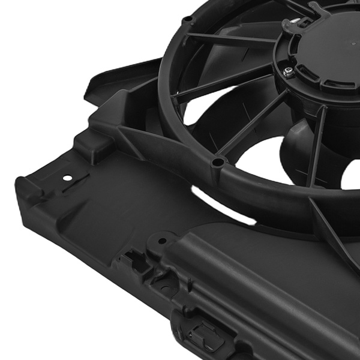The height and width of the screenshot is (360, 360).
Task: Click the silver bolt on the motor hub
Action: pos(289,72)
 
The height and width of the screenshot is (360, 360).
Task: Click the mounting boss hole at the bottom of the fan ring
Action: pos(219,162)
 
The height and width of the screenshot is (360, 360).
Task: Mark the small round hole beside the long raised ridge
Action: pos(162,241)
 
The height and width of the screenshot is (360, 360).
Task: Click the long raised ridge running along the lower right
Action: pos(252,288)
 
